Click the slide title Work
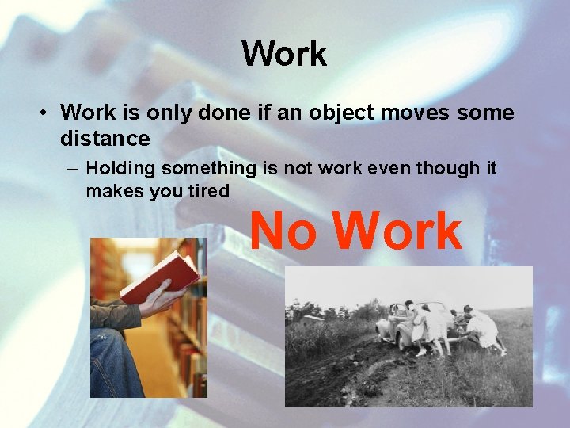284,55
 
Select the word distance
104,139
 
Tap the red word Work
397,231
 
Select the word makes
111,192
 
